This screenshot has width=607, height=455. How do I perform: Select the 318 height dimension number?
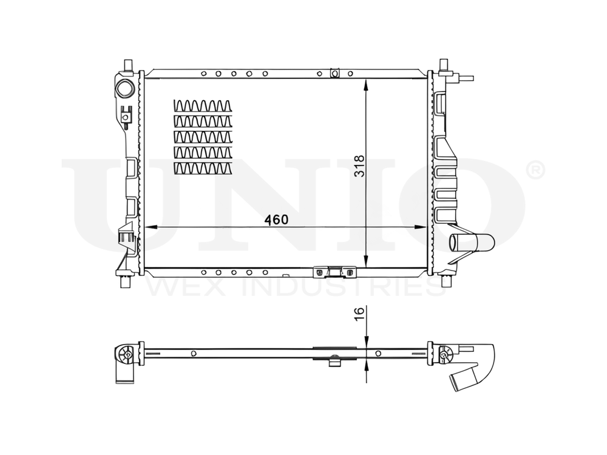coord(359,165)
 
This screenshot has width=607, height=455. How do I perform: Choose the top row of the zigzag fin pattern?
coord(203,106)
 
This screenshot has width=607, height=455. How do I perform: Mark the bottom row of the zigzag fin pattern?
coord(203,168)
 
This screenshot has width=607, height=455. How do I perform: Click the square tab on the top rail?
coord(333,73)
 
